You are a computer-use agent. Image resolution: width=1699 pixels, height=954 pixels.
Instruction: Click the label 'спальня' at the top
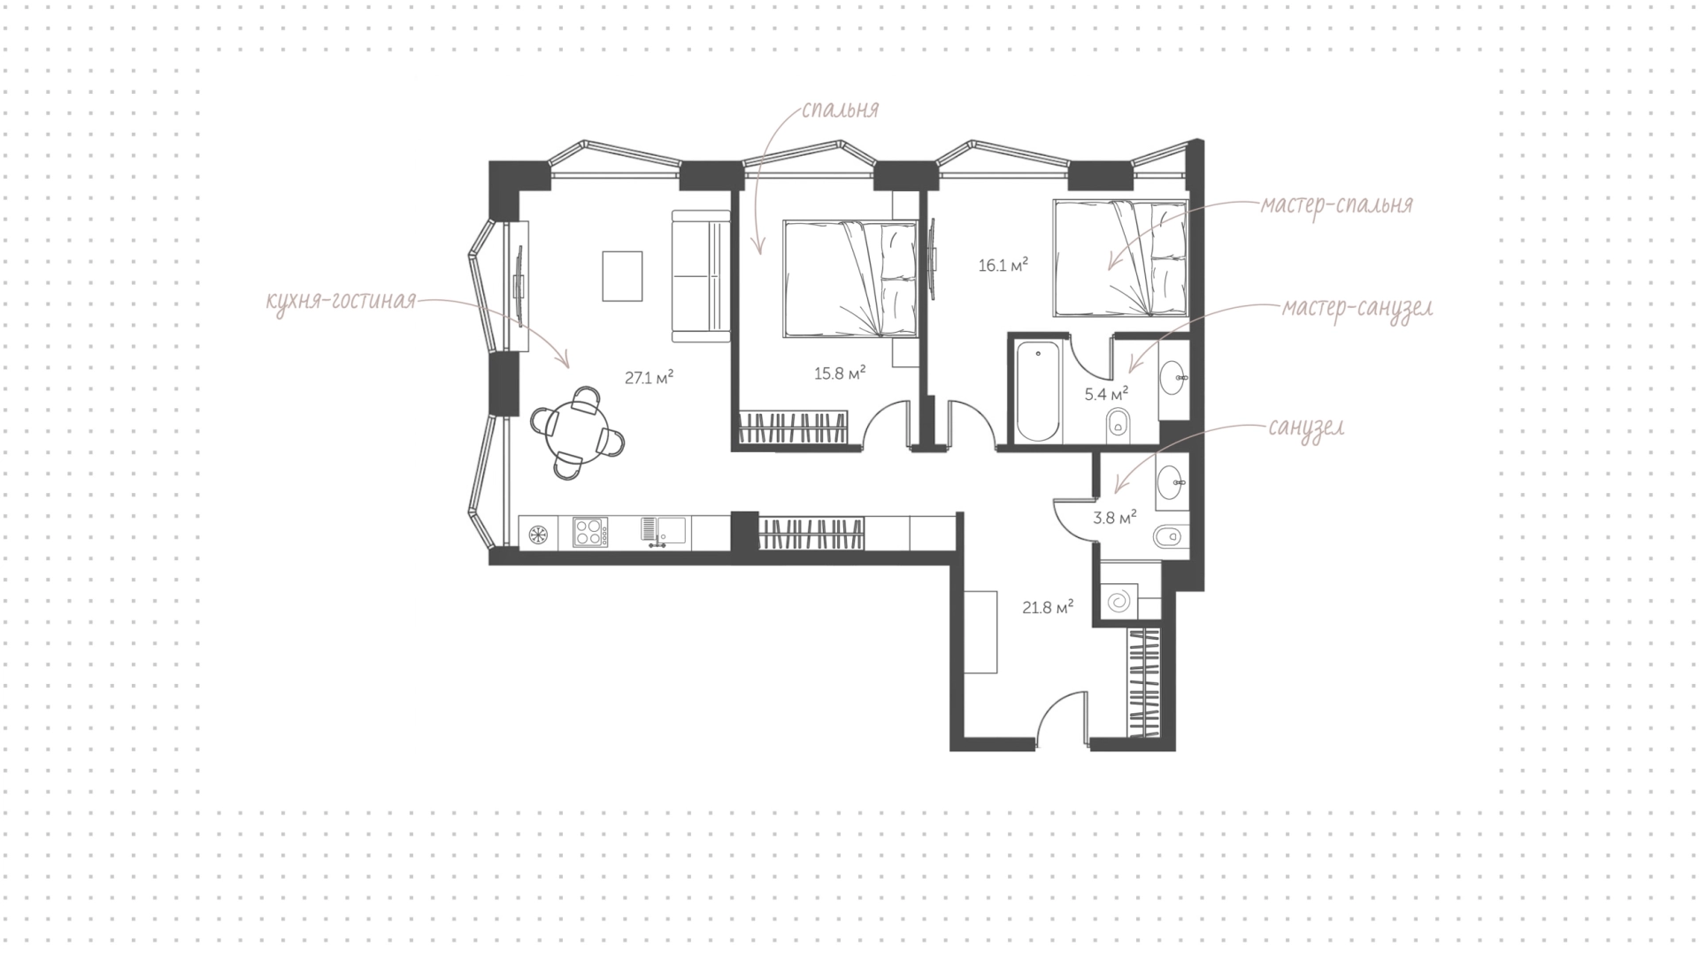click(840, 110)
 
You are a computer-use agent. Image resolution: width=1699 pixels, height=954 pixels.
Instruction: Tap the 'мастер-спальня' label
click(1336, 204)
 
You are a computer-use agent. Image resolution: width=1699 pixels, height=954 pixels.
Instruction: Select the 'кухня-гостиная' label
click(341, 302)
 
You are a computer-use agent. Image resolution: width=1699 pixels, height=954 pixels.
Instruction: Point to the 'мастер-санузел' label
click(1357, 309)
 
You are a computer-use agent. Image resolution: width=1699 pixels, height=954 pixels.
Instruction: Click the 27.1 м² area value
click(650, 378)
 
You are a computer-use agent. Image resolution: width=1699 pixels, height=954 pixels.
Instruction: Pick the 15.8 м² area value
click(840, 373)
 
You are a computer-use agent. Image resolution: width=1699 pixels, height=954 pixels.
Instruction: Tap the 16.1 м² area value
click(1003, 265)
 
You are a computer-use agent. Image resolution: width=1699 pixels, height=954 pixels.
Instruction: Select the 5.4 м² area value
click(1106, 394)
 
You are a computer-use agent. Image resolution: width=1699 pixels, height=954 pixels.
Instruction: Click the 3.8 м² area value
click(1115, 518)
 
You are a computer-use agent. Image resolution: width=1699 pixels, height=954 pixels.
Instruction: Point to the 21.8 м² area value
click(1048, 607)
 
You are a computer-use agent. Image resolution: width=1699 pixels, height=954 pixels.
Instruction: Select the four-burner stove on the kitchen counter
click(590, 532)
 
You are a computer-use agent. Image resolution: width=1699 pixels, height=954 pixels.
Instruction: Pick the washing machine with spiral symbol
click(1118, 601)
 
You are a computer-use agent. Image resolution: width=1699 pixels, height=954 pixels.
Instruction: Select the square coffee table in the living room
click(623, 276)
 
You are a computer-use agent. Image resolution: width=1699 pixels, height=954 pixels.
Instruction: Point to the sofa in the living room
click(699, 275)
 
